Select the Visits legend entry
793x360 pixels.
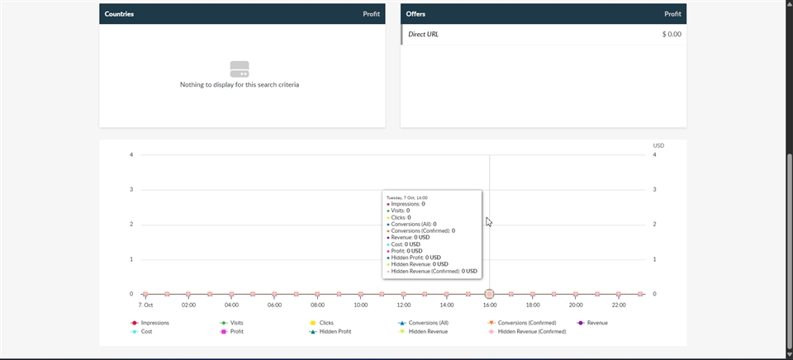236,323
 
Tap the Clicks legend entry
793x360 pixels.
325,323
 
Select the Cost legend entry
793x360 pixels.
146,331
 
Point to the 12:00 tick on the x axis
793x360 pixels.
404,305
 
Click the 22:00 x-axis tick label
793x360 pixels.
619,305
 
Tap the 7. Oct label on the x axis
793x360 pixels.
145,305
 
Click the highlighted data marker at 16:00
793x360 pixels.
490,294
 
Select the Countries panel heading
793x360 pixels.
120,14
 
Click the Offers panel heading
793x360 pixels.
415,14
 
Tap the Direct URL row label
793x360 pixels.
424,35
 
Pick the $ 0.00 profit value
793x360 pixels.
672,35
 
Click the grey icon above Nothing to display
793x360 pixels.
240,69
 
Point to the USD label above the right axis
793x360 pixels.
658,145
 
